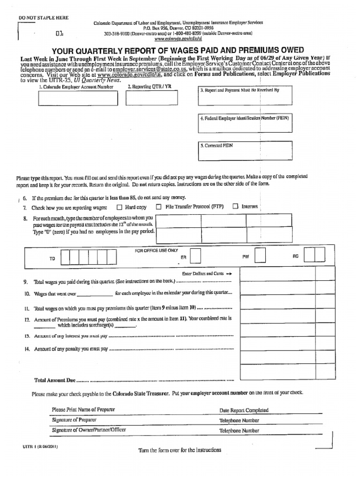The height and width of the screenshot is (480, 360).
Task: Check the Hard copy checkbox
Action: click(x=119, y=207)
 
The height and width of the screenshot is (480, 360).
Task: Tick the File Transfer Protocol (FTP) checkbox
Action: click(x=158, y=207)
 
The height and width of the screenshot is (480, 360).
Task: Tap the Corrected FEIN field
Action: click(x=245, y=151)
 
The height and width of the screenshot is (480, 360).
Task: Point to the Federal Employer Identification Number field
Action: click(x=245, y=124)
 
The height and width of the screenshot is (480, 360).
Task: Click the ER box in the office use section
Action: click(x=196, y=256)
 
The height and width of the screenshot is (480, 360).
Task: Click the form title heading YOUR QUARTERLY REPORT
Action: click(x=178, y=50)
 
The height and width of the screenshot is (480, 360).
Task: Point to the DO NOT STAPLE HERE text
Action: click(x=43, y=18)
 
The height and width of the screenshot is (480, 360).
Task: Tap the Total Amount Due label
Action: click(x=55, y=380)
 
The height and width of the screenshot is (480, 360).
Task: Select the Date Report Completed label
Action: click(x=244, y=410)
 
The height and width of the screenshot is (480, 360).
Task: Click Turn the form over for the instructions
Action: click(x=180, y=450)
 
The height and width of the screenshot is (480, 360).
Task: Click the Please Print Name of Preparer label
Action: click(x=83, y=410)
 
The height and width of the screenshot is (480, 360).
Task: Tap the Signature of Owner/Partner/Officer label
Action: click(x=89, y=430)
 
